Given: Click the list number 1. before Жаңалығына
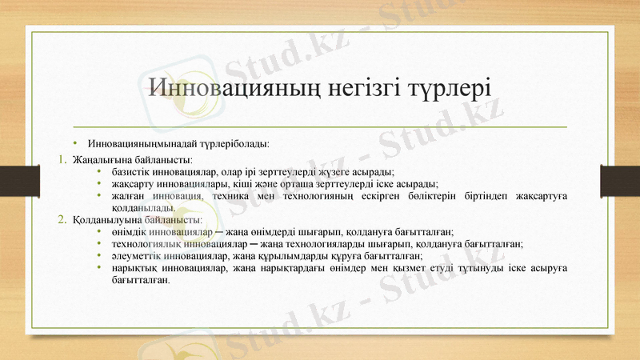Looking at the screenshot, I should [x=62, y=159].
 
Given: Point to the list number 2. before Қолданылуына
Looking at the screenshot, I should [x=62, y=218].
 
